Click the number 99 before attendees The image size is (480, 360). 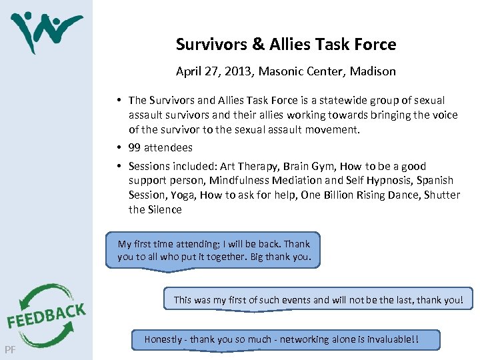click(x=134, y=148)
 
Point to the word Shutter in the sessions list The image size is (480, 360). click(x=442, y=195)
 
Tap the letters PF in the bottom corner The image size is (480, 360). click(x=10, y=350)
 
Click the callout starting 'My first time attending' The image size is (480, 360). click(x=213, y=251)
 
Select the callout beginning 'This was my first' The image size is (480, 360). click(x=318, y=300)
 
